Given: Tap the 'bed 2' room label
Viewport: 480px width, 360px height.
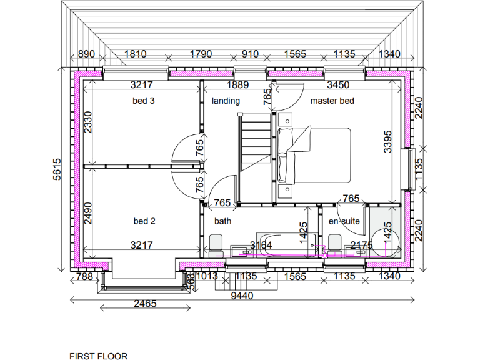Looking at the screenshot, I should pos(144,221).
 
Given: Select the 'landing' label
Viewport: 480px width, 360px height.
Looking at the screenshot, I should pos(226,101).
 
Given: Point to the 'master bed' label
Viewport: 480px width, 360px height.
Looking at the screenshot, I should pos(332,101).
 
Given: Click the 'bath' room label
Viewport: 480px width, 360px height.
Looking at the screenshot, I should pos(222,221).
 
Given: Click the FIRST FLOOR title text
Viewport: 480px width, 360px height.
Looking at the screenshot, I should pos(98,356).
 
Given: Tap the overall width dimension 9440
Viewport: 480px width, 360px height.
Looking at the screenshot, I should pos(242,296).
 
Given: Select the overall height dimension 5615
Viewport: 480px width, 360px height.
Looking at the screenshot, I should pos(57,169).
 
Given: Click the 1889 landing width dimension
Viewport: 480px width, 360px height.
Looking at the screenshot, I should pos(237,85).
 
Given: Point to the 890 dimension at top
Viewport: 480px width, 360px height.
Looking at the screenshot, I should pos(87,54).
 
